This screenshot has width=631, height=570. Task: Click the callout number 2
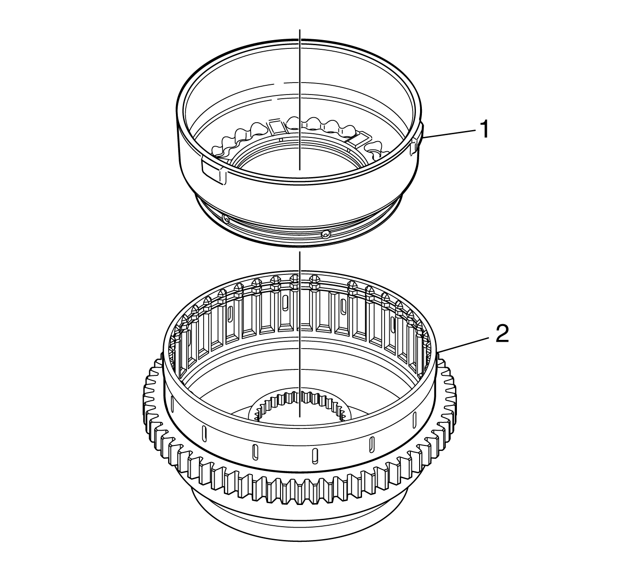502,334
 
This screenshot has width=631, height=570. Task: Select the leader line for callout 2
462,344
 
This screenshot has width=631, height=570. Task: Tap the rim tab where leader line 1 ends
417,140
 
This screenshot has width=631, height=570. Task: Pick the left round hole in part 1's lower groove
225,218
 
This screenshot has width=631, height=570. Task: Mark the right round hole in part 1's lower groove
326,234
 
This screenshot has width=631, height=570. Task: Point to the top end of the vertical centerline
300,30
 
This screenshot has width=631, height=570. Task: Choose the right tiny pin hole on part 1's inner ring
349,150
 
